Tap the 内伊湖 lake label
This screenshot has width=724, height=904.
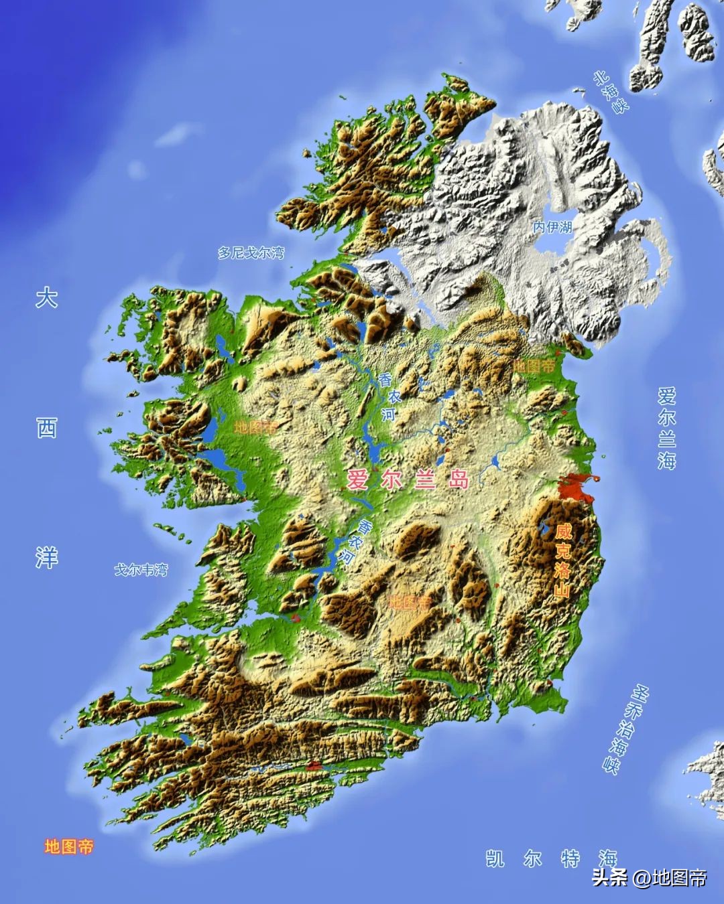[x=553, y=228]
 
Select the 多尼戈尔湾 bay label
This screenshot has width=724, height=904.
[x=251, y=253]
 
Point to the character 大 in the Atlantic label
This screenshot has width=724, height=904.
[x=46, y=298]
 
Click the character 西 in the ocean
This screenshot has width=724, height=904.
[x=46, y=427]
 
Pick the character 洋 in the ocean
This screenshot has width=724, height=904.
[x=46, y=557]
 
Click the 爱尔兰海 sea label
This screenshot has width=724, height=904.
[x=666, y=427]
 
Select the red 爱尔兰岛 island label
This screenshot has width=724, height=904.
[x=408, y=479]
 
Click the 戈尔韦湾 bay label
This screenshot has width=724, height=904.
[x=141, y=570]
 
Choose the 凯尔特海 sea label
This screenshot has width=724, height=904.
[x=551, y=858]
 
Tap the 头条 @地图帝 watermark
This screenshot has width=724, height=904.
[x=649, y=877]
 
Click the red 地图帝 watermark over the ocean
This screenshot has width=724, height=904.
[x=69, y=847]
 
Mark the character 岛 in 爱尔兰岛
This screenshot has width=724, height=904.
[x=459, y=479]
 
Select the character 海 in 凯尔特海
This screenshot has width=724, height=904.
[x=608, y=858]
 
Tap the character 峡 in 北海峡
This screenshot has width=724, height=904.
[x=621, y=104]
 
